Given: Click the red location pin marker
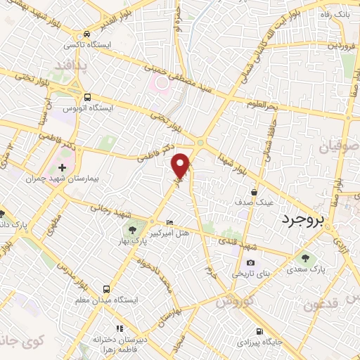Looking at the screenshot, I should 181,165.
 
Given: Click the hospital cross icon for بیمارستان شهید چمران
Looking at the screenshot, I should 62,168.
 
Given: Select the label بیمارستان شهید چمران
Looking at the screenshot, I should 56,179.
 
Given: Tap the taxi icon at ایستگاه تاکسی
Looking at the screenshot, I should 86,33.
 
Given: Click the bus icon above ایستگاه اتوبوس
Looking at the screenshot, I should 86,98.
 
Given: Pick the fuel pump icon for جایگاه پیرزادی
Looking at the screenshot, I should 260,331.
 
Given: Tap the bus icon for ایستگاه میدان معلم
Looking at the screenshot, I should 105,289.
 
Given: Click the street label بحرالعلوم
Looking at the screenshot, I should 263,105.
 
